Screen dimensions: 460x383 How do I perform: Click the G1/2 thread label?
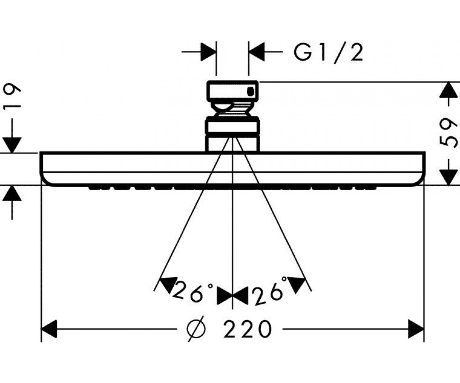(x=328, y=53)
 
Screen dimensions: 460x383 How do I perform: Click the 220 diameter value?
(x=247, y=329)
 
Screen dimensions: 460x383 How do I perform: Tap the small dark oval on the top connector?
(x=250, y=92)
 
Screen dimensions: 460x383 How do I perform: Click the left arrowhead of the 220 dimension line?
(x=49, y=329)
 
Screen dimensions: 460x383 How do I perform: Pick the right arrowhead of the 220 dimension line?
(x=416, y=329)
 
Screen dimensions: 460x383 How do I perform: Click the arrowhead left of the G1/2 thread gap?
(x=209, y=52)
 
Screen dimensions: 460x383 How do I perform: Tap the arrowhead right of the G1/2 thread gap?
(x=256, y=52)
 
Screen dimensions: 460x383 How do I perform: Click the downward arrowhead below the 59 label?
(x=449, y=177)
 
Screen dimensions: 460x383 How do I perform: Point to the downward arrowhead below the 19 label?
(x=12, y=145)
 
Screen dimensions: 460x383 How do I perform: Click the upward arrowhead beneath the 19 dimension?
(x=12, y=193)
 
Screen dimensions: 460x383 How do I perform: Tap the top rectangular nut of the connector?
(x=232, y=91)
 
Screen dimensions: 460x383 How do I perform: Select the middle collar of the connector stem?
(x=232, y=126)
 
